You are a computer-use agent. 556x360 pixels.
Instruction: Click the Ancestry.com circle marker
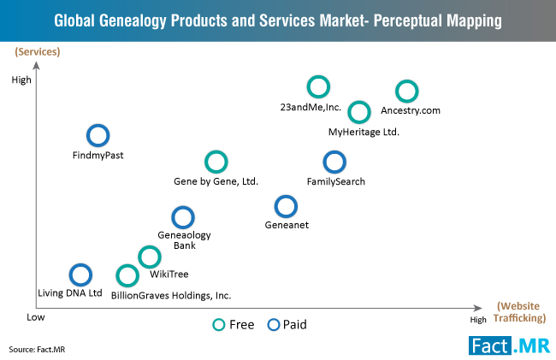pyautogui.click(x=407, y=91)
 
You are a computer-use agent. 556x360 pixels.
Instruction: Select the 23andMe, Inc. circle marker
pyautogui.click(x=318, y=86)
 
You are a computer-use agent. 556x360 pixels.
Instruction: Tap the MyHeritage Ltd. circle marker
pyautogui.click(x=359, y=111)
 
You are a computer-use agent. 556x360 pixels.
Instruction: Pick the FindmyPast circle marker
pyautogui.click(x=98, y=135)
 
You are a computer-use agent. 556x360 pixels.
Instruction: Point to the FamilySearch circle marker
pyautogui.click(x=334, y=161)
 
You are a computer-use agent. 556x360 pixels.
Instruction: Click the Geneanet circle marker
pyautogui.click(x=286, y=206)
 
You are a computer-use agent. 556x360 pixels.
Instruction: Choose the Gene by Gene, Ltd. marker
pyautogui.click(x=216, y=161)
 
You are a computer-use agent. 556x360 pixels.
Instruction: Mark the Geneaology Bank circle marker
pyautogui.click(x=182, y=217)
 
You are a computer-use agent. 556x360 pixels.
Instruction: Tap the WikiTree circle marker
pyautogui.click(x=150, y=256)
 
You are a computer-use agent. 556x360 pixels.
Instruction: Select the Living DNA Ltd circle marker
pyautogui.click(x=80, y=274)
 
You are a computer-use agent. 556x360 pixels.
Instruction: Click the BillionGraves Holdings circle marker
pyautogui.click(x=127, y=275)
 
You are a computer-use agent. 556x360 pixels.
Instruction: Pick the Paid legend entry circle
pyautogui.click(x=275, y=324)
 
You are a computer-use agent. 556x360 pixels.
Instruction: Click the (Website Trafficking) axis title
pyautogui.click(x=519, y=312)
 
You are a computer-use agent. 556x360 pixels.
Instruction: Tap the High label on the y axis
pyautogui.click(x=21, y=80)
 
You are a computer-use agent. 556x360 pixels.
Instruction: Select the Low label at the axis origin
pyautogui.click(x=35, y=316)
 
